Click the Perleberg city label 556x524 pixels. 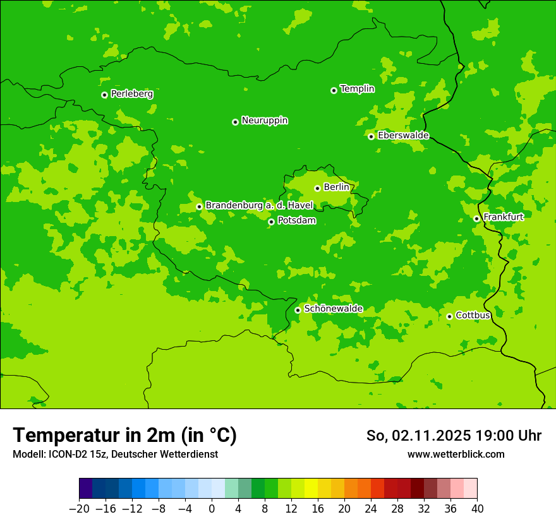coord(131,94)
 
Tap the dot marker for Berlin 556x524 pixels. coord(317,188)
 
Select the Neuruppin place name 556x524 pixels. coord(264,121)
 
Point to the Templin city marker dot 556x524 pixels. coord(334,90)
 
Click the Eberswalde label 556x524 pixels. coord(403,136)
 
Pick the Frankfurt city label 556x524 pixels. coord(503,217)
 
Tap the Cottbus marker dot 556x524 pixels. coord(449,316)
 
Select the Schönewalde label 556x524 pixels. coord(333,309)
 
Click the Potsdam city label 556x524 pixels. coord(296,221)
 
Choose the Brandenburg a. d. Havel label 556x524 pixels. coord(259,206)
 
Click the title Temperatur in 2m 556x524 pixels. coord(124,436)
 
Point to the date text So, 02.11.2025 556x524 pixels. coord(418,436)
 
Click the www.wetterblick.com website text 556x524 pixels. coord(456,454)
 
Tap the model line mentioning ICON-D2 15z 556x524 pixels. coord(115,454)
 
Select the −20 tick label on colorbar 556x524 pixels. coord(79,509)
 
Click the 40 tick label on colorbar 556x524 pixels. coord(477,509)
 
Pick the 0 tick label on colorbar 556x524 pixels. coord(212,509)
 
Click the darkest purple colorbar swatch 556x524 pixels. coord(86,489)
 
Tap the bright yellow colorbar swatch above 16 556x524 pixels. coord(311,489)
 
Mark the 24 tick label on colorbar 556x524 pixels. coord(371,509)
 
